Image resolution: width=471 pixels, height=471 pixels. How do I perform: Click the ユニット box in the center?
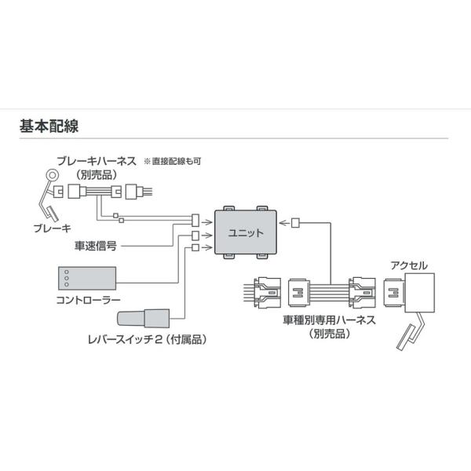click(x=246, y=233)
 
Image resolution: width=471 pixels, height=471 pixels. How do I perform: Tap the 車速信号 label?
click(x=97, y=245)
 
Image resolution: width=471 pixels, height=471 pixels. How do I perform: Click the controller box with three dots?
click(x=87, y=279)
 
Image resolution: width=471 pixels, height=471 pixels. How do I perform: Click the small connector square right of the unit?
click(x=295, y=223)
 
